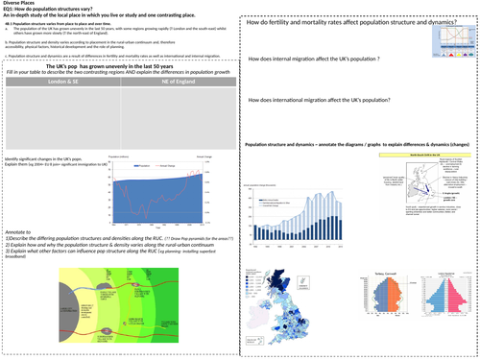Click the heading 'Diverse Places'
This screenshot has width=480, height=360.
(20, 4)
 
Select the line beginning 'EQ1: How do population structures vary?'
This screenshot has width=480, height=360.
(58, 11)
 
